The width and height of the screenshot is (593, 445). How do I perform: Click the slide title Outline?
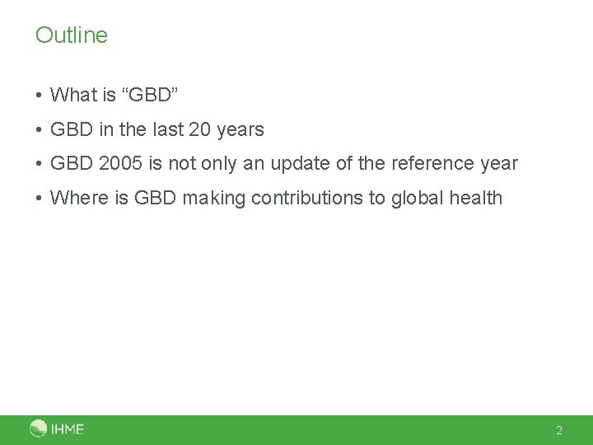(72, 35)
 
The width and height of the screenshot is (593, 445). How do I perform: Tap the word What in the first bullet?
(74, 95)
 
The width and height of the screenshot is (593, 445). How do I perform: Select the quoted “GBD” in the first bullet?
(149, 95)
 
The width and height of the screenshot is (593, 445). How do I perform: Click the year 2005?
(121, 163)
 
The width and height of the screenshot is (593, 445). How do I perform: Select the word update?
(309, 163)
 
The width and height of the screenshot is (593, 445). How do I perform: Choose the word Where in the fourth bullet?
(77, 198)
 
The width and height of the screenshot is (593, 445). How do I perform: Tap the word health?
(476, 198)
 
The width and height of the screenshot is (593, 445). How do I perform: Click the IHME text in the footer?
(68, 429)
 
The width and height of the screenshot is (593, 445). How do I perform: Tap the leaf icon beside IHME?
(39, 429)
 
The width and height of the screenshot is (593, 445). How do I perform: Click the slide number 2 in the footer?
(559, 430)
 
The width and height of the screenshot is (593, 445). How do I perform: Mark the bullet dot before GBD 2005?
(40, 164)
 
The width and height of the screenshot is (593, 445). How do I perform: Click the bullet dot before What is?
(40, 96)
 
